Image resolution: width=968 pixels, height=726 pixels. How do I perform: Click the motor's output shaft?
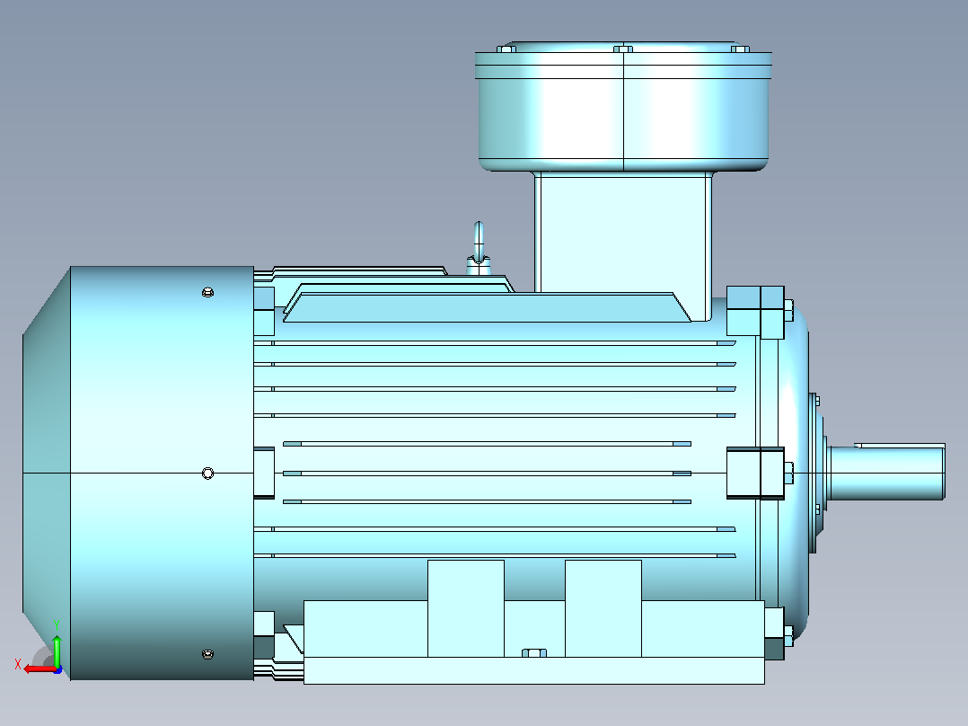pyautogui.click(x=886, y=473)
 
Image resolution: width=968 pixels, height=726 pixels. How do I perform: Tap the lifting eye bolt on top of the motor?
pyautogui.click(x=479, y=248)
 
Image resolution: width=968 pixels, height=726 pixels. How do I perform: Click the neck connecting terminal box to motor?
pyautogui.click(x=623, y=233)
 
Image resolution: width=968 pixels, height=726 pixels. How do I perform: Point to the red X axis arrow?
pyautogui.click(x=40, y=668)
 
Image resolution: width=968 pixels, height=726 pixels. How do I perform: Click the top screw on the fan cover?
pyautogui.click(x=208, y=292)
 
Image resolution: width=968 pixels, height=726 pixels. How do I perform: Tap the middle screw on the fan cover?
pyautogui.click(x=208, y=474)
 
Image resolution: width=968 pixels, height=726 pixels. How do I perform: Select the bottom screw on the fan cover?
pyautogui.click(x=208, y=654)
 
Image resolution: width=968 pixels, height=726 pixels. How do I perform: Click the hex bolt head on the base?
pyautogui.click(x=534, y=653)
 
